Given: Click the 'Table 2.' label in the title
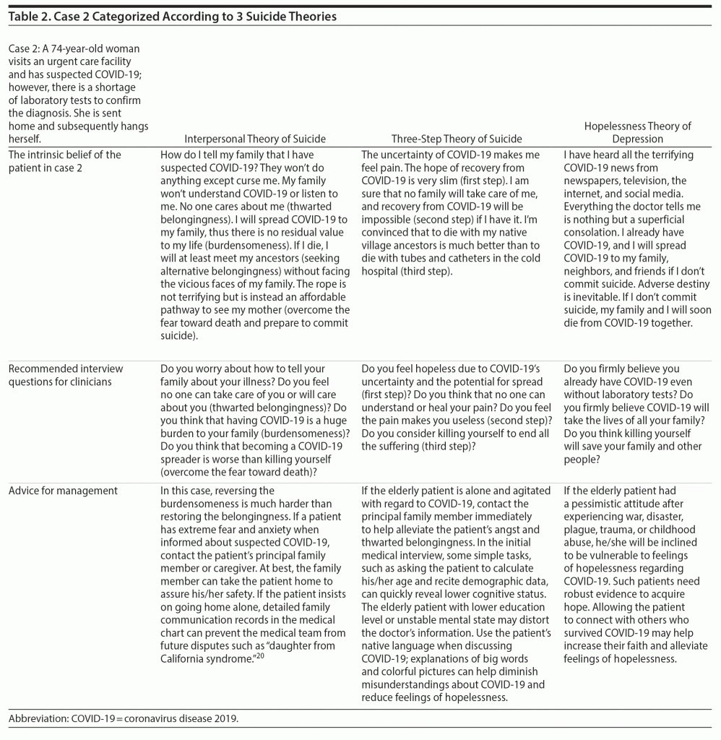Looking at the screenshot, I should pyautogui.click(x=28, y=17).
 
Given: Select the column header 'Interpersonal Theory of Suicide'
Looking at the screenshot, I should pyautogui.click(x=254, y=139).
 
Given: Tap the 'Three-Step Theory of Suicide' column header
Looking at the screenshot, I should pyautogui.click(x=457, y=139).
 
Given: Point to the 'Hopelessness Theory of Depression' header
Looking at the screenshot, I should pyautogui.click(x=638, y=132).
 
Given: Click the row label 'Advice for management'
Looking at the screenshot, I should pyautogui.click(x=63, y=491).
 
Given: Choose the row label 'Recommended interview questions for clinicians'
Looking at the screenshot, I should pyautogui.click(x=66, y=375).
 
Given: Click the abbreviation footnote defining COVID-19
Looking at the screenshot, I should pyautogui.click(x=123, y=720).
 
